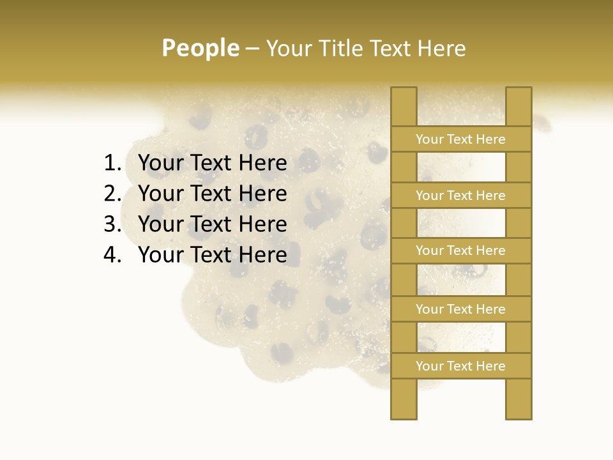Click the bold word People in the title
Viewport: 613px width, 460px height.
200,48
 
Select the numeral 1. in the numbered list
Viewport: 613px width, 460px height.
112,164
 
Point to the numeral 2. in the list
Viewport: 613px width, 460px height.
112,194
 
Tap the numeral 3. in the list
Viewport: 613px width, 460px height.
112,224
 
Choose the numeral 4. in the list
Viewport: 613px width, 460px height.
112,255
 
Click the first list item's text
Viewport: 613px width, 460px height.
212,164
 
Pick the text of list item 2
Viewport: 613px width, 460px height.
212,194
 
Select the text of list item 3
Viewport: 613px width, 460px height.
212,224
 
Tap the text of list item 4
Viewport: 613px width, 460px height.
212,255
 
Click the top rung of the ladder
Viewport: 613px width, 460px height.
461,139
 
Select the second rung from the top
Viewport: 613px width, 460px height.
461,195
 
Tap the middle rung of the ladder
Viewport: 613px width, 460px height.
461,250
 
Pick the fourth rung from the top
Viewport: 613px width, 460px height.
461,309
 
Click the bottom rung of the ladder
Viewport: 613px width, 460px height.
461,366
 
